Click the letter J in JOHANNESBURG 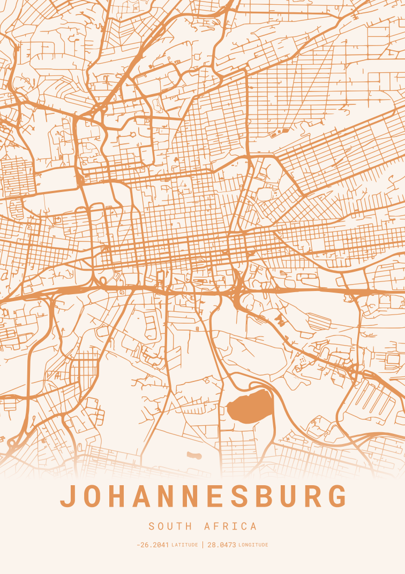coord(69,496)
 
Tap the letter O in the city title coord(94,496)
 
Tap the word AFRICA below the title coord(230,526)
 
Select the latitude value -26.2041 coord(153,545)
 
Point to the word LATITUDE coord(185,545)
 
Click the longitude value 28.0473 coord(221,545)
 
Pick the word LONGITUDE coord(253,545)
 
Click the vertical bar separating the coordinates coord(203,545)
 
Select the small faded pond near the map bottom coord(194,456)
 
